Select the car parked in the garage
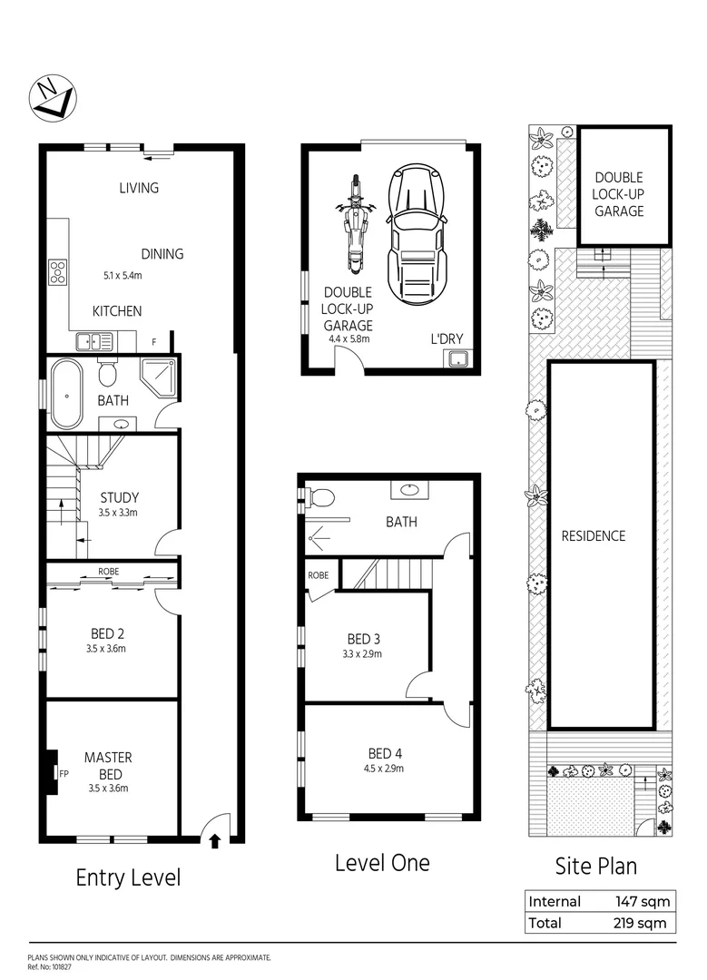click(x=417, y=233)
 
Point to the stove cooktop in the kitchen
click(x=58, y=272)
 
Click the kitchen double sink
click(x=94, y=342)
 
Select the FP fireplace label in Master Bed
click(x=64, y=773)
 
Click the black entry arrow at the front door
click(x=215, y=840)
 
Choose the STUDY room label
click(x=119, y=497)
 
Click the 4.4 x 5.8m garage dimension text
click(x=348, y=338)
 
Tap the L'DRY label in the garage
click(x=447, y=338)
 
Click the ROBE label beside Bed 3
click(x=318, y=575)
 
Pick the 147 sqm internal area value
click(x=641, y=901)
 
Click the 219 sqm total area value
click(x=641, y=923)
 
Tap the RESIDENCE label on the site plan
click(x=593, y=535)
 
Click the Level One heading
click(x=382, y=862)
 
